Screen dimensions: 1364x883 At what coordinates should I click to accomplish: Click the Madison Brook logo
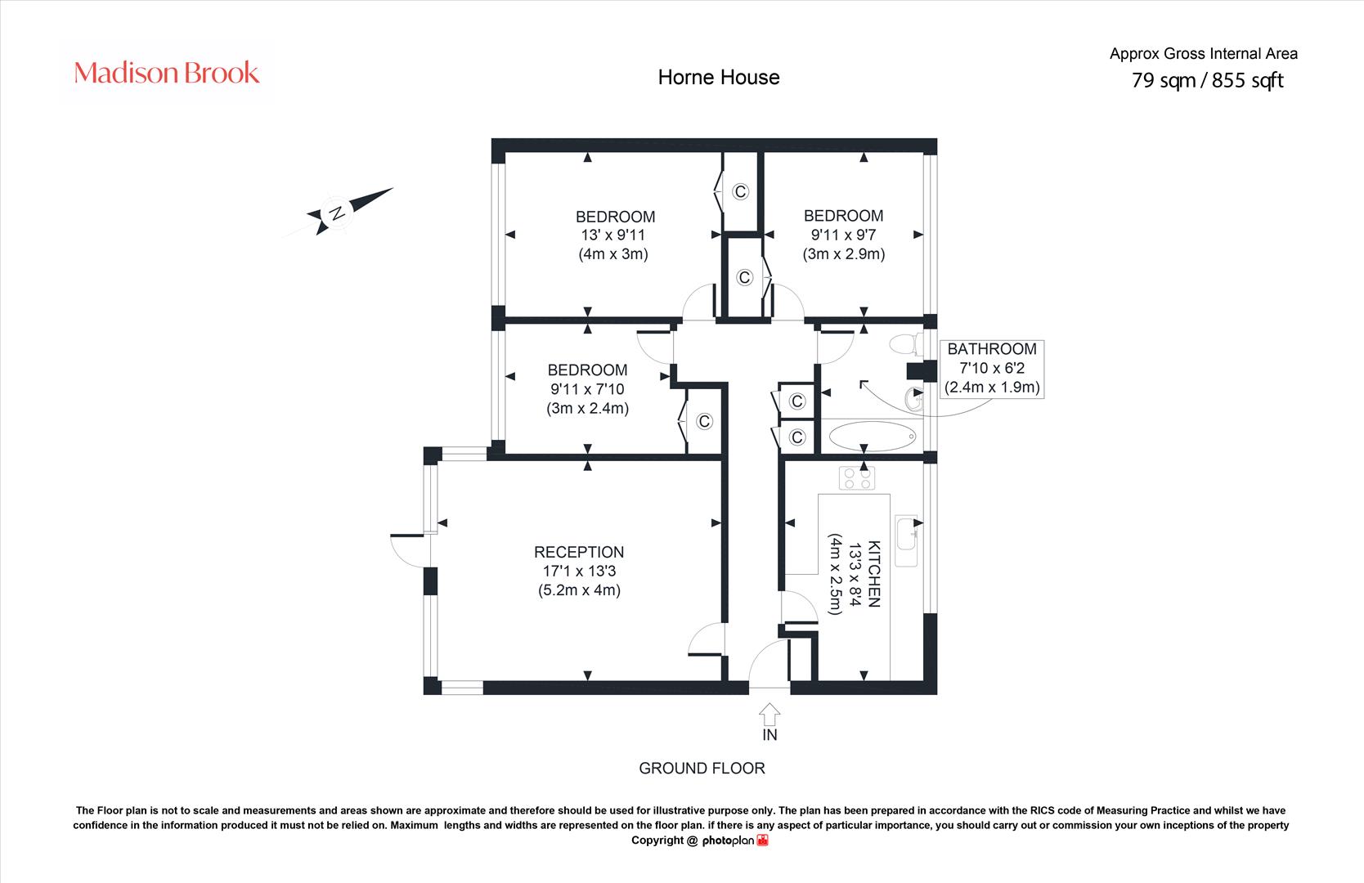[x=166, y=73]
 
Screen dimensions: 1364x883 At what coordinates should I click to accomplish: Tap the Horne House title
[x=719, y=78]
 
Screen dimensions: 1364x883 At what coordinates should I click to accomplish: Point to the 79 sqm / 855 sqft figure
[x=1207, y=80]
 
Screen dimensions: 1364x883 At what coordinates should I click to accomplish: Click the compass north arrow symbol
[x=349, y=211]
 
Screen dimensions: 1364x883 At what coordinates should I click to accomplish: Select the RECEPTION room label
[x=578, y=552]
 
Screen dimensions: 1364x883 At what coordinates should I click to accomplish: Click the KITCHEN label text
[x=874, y=574]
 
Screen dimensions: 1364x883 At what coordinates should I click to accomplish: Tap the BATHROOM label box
[x=992, y=369]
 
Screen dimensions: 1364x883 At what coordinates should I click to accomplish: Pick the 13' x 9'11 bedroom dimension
[x=613, y=235]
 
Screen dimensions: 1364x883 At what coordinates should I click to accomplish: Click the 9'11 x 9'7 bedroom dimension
[x=843, y=235]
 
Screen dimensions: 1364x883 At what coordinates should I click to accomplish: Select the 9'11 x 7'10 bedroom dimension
[x=587, y=389]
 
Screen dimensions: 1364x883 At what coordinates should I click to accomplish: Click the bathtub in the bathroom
[x=873, y=436]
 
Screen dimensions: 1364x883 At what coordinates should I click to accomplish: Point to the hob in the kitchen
[x=857, y=478]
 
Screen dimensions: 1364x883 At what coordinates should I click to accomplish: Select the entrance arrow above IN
[x=769, y=714]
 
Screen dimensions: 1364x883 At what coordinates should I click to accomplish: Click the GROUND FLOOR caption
[x=702, y=769]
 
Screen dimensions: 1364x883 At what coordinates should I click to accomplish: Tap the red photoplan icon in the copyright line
[x=762, y=840]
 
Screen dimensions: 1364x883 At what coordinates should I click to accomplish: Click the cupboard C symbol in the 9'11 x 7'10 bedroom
[x=705, y=421]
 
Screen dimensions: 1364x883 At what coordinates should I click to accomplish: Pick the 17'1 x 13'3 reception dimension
[x=579, y=571]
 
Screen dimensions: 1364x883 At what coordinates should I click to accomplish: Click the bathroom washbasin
[x=914, y=400]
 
